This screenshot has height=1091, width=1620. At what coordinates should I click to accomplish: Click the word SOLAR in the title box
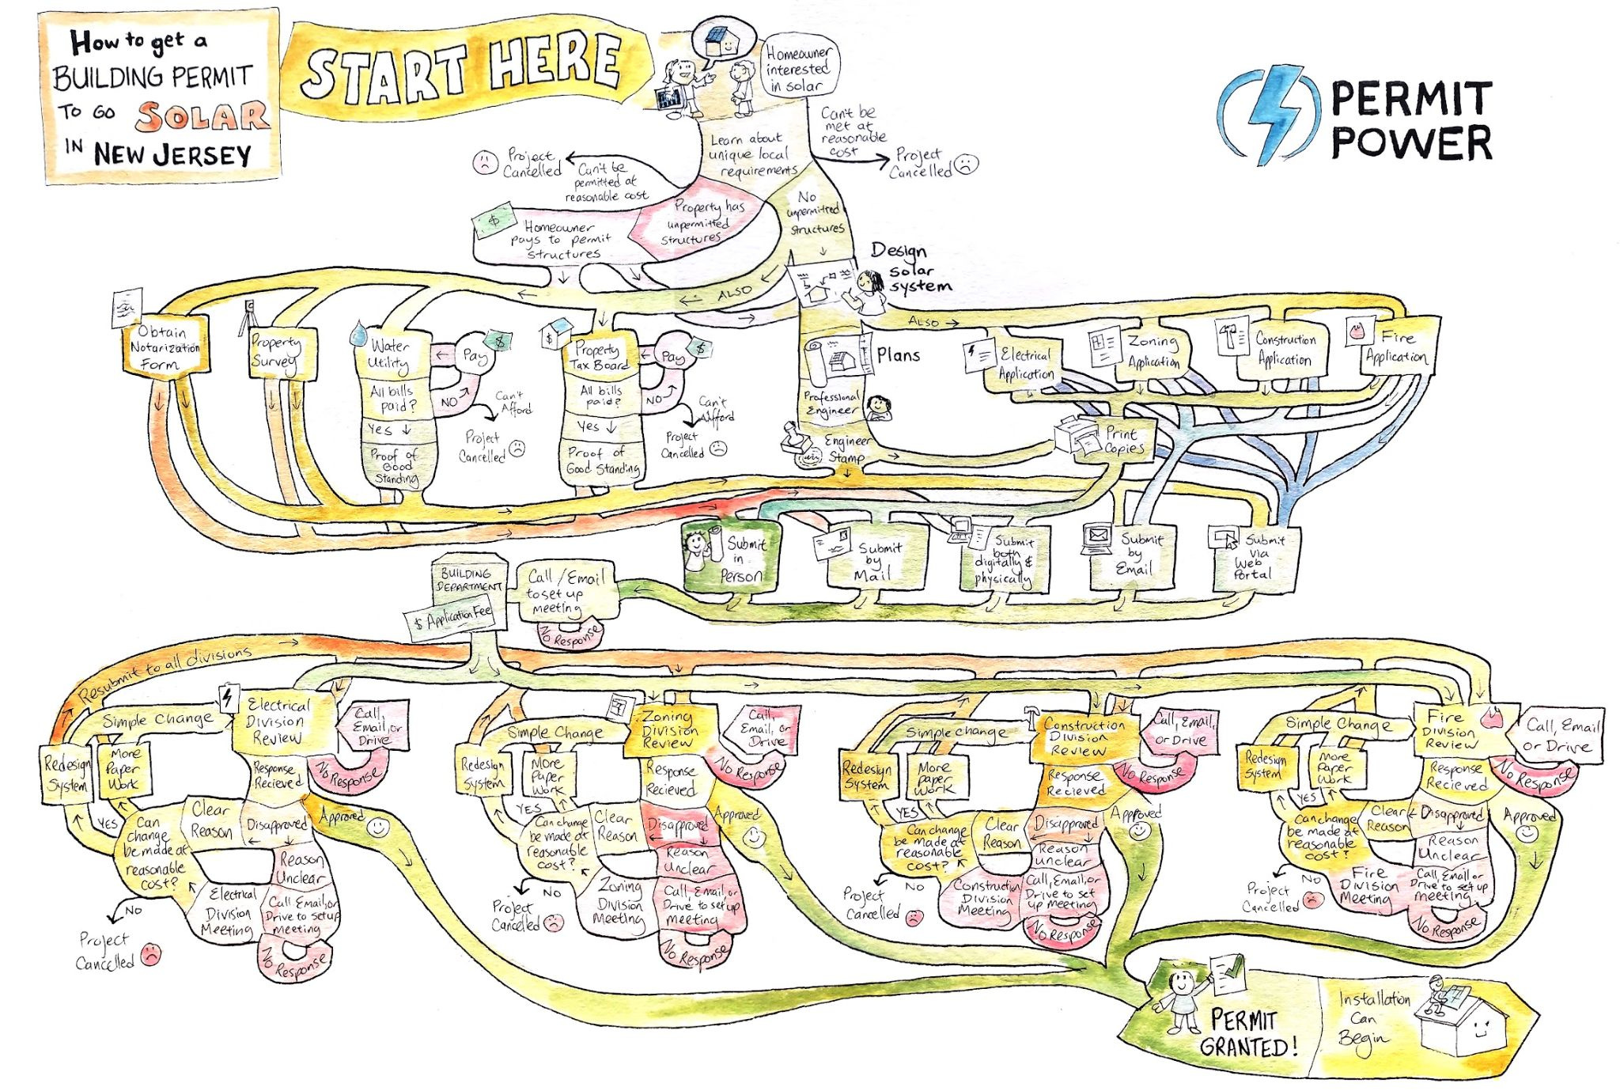pos(202,116)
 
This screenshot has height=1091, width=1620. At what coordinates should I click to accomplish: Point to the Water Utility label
pos(389,354)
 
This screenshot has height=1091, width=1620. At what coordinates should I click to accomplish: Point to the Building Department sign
pos(468,580)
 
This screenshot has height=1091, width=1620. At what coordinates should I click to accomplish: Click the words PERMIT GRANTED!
pos(1247,1033)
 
